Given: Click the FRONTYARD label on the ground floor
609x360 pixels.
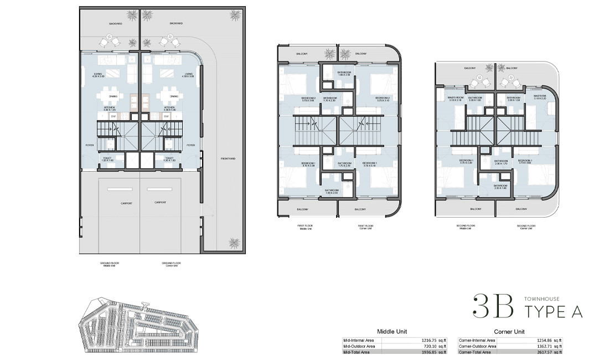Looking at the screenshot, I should point(229,159).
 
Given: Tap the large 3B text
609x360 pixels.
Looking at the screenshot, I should point(491,306).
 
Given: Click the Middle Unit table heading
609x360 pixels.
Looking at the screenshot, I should point(392,331).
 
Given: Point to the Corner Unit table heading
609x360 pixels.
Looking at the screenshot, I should point(509,331).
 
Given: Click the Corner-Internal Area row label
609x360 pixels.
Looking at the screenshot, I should point(477,341).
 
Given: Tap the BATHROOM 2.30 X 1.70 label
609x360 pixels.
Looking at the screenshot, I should point(502,162).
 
